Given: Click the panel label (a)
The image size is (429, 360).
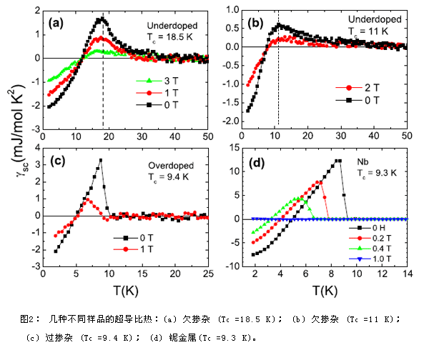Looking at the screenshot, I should coord(56,23).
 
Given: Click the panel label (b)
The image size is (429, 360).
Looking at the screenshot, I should coord(257,23).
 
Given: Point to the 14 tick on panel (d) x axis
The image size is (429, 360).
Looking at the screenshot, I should coord(407,273).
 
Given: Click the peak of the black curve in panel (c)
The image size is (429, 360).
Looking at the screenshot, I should coord(101,160).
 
